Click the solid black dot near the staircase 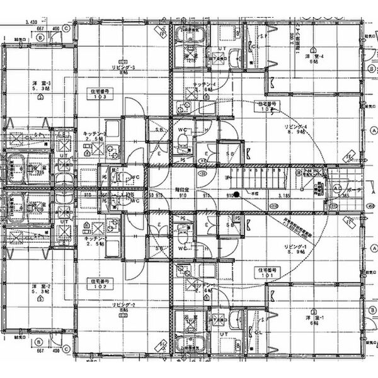point(236,194)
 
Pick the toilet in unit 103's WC point(123,177)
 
